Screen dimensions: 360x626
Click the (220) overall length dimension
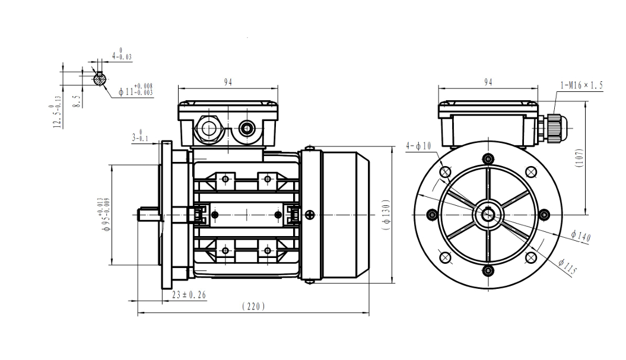(253, 306)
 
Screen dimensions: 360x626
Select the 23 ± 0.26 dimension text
(189, 294)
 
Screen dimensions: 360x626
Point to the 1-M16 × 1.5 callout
(581, 85)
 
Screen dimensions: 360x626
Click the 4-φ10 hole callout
(418, 145)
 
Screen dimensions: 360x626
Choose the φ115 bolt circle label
(568, 267)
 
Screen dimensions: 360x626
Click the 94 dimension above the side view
(228, 82)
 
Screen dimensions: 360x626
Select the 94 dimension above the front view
(488, 82)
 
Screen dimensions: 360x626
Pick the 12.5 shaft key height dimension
(58, 115)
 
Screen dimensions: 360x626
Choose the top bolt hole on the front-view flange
(488, 158)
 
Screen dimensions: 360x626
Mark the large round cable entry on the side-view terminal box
(209, 127)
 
